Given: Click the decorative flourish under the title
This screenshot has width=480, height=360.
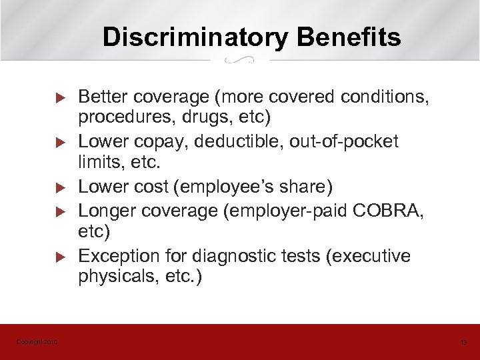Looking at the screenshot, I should click(x=241, y=61).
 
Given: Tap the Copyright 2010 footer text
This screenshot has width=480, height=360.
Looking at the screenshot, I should click(x=37, y=342).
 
